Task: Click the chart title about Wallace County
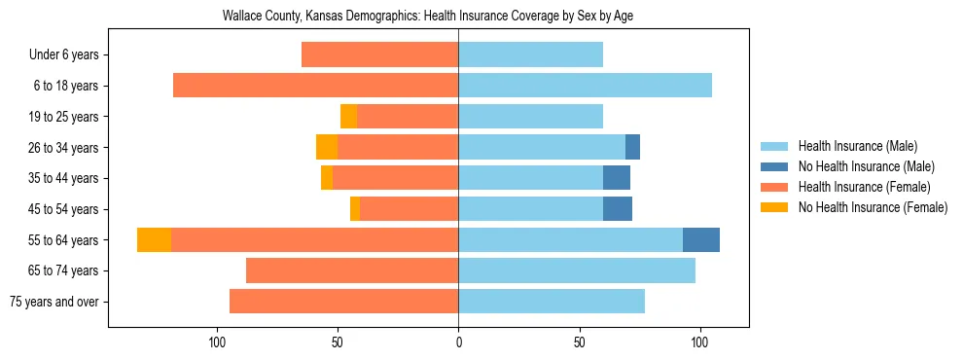[428, 17]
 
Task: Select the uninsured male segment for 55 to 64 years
[701, 239]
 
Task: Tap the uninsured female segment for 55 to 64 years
[154, 239]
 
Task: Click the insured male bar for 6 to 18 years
[585, 86]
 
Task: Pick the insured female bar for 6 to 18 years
[315, 86]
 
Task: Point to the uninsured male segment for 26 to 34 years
[632, 147]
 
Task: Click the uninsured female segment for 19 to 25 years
[348, 117]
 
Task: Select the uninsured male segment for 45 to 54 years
[618, 209]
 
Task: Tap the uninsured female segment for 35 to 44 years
[327, 178]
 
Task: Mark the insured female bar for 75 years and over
[343, 302]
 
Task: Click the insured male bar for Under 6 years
[530, 54]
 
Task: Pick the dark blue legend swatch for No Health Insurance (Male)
[774, 166]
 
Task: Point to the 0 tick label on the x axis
[458, 343]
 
